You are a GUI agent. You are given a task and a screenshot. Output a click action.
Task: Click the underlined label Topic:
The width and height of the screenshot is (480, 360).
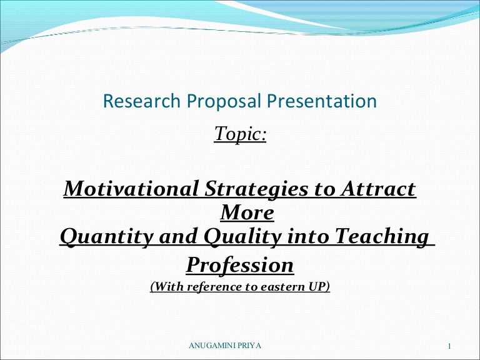(240, 133)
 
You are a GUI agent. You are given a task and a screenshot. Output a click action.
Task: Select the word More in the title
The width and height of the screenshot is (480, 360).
(247, 212)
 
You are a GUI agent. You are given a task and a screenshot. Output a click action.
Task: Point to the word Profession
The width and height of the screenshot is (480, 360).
(240, 265)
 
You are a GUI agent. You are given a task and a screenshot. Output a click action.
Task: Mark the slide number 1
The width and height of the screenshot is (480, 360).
(450, 346)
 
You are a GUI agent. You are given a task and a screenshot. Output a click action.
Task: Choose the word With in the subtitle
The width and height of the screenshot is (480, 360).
(166, 287)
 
